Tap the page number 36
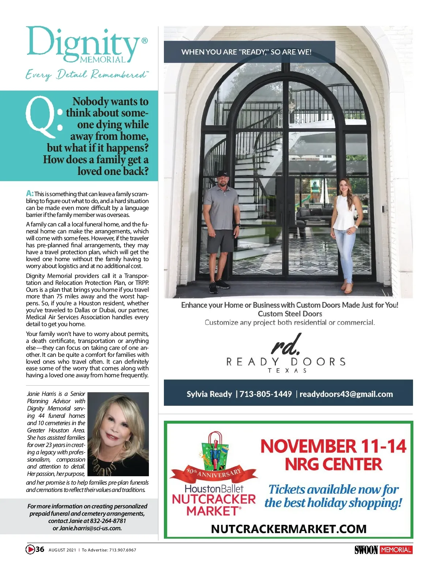[x=40, y=549]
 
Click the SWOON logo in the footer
[x=366, y=550]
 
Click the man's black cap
[x=223, y=174]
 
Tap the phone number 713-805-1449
[x=266, y=394]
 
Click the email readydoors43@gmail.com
[x=346, y=394]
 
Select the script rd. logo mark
[x=286, y=344]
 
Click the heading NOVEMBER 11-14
[x=333, y=446]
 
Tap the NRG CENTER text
[x=333, y=465]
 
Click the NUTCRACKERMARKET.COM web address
[x=289, y=529]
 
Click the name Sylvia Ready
[x=209, y=394]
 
